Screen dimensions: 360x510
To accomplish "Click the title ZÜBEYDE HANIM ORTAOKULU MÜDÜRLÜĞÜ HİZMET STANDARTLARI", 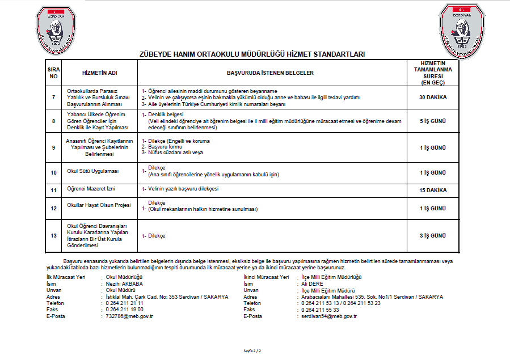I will [252, 54].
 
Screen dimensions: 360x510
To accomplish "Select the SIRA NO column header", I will [53, 73].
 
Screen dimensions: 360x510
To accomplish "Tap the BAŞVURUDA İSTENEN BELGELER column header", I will [270, 73].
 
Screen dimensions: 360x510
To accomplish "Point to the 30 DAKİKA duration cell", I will [432, 97].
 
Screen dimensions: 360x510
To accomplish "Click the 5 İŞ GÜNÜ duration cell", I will [432, 121].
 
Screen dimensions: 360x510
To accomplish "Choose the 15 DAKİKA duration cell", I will [432, 190].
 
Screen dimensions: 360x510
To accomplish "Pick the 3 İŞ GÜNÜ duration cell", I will [432, 235].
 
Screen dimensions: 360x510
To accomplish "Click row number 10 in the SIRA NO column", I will [53, 172].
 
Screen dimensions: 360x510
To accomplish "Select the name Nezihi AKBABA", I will [124, 283].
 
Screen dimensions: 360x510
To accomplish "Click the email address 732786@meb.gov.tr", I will [130, 316].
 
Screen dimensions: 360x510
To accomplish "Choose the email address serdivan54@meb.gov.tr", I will [329, 316].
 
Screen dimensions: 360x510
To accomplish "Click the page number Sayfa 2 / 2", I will [252, 351].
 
